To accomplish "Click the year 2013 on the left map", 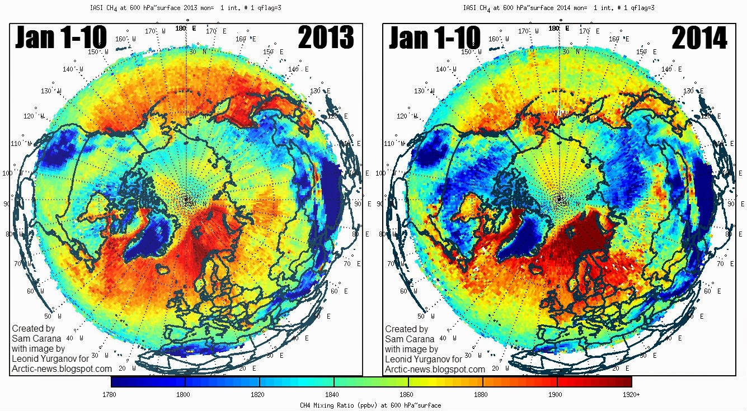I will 326,38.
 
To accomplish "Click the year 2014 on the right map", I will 699,38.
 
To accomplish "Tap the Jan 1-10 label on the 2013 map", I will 61,38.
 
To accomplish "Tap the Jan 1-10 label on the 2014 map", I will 435,38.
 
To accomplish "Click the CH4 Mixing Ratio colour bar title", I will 371,405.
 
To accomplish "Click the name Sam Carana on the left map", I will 35,339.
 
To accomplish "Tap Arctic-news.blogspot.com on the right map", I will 435,369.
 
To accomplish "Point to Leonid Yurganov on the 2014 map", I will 424,359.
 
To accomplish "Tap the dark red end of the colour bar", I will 621,381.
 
